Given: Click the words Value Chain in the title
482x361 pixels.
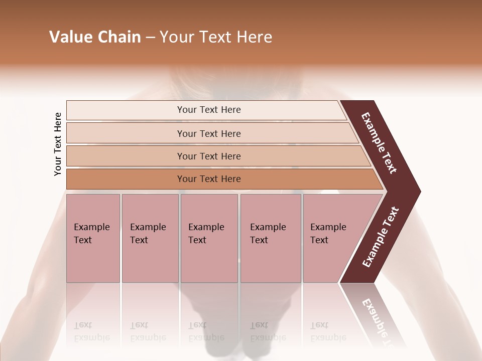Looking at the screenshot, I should coord(95,37).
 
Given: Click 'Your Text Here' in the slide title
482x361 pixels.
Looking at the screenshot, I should coord(216,37).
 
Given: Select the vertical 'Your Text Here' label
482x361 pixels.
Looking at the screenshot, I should coord(58,144).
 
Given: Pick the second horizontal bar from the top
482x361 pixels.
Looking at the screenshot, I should coord(209,133).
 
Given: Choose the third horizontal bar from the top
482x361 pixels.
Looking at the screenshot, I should coord(209,156).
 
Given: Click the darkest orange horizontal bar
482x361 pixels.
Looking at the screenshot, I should coord(209,179).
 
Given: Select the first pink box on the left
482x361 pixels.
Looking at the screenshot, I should coord(93,238).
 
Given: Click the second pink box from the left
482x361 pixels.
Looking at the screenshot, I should coord(150,238).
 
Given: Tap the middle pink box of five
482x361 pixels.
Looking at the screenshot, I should coord(209,238).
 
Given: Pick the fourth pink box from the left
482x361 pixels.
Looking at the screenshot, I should coord(271,238).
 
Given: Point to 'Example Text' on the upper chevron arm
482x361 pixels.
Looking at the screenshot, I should coord(379,143).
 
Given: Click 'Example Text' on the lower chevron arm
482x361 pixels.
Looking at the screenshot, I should coord(381,237).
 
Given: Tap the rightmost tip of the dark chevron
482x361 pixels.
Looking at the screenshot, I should coord(419,192).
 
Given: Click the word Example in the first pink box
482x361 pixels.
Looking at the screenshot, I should coord(91,227).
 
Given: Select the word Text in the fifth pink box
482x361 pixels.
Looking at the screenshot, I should coord(319,240).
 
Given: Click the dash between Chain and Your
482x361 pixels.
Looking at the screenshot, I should coord(150,38).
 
